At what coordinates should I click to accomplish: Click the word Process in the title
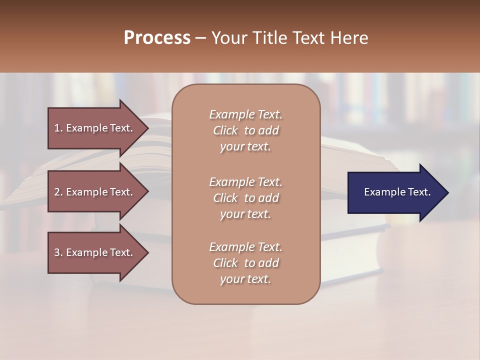(157, 38)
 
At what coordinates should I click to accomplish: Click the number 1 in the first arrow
(57, 128)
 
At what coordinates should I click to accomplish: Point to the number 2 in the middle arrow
(57, 192)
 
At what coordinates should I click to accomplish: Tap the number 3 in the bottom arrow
(57, 252)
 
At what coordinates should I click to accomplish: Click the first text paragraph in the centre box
(245, 130)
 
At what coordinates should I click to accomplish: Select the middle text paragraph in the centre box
(245, 197)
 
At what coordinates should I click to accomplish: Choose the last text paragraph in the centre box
(245, 263)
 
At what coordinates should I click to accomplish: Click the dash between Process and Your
(201, 38)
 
